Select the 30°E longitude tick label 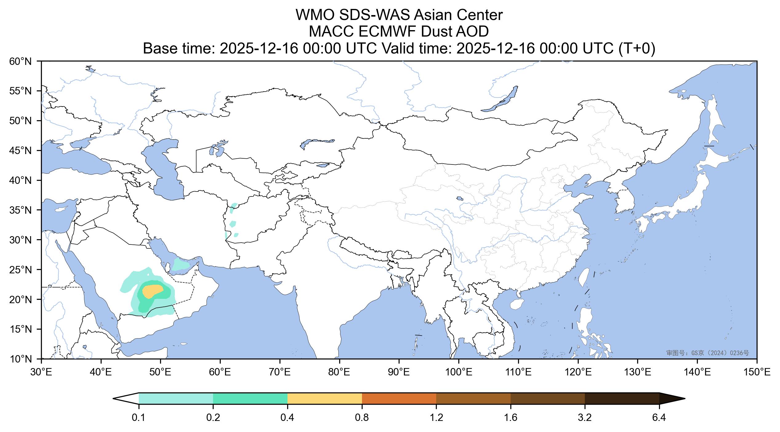click(x=41, y=373)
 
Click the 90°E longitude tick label click(x=399, y=373)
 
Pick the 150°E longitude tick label click(x=757, y=373)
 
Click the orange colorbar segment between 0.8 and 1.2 click(x=399, y=398)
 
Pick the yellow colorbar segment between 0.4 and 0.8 click(x=324, y=398)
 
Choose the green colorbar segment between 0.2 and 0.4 click(x=250, y=398)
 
